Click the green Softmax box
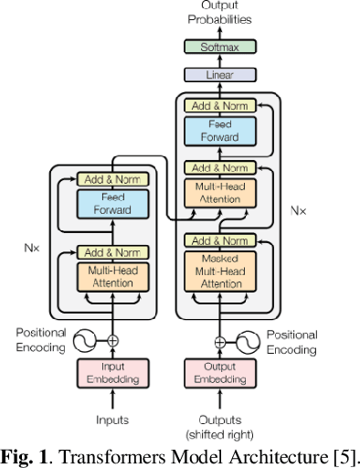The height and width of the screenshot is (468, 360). point(219,48)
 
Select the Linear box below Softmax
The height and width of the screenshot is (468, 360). point(219,75)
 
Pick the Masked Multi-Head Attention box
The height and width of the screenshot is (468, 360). point(219,271)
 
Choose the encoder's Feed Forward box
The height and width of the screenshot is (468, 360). point(112,204)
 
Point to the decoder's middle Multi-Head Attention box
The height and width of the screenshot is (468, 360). point(219,193)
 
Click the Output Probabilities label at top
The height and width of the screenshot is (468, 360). point(219,12)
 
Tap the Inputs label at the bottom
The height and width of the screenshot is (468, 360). point(112,420)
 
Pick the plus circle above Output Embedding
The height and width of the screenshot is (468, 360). point(219,341)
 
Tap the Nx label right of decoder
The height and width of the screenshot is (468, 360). point(298,209)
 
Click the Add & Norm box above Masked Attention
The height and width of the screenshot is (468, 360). point(219,241)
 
